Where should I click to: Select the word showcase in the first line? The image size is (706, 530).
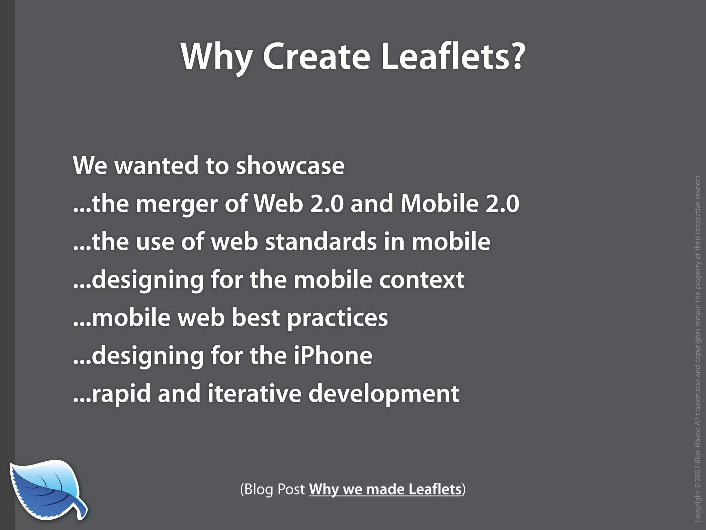coord(290,166)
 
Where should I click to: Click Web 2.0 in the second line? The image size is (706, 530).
coord(299,204)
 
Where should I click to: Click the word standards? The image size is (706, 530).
coord(321,242)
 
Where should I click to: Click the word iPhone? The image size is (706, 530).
coord(333,355)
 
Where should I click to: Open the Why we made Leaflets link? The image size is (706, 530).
coord(385,489)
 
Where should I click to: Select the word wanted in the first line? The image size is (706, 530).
coord(157,166)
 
